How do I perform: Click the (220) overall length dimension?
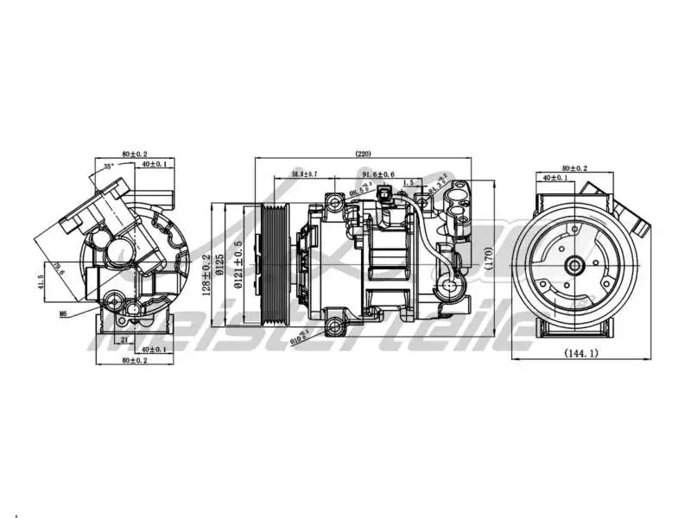point(363,154)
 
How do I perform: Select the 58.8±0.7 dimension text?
point(304,174)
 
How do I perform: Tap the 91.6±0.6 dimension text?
point(378,174)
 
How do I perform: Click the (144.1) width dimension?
point(581,353)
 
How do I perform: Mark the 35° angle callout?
point(108,165)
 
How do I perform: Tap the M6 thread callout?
point(63,314)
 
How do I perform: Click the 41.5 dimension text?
point(41,282)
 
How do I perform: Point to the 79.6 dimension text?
point(56,270)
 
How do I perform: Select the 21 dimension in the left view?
point(124,339)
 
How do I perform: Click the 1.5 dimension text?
point(408,182)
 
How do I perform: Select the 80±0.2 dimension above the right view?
point(574,167)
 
